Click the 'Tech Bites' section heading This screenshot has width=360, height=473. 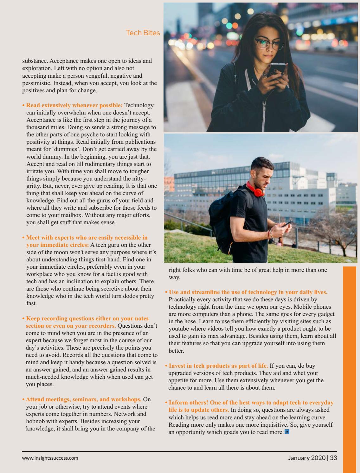pyautogui.click(x=143, y=33)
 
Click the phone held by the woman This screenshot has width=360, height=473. pyautogui.click(x=275, y=73)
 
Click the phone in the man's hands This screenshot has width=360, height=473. pyautogui.click(x=287, y=224)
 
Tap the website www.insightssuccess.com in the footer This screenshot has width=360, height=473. pyautogui.click(x=50, y=458)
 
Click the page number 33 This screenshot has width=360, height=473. pyautogui.click(x=333, y=457)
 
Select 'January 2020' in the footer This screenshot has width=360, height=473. pyautogui.click(x=307, y=457)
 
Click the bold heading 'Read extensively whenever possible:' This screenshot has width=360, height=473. pyautogui.click(x=74, y=105)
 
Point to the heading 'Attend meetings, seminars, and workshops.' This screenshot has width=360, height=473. pyautogui.click(x=84, y=399)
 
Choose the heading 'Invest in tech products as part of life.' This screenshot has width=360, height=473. pyautogui.click(x=218, y=366)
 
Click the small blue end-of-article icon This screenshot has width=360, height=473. pyautogui.click(x=287, y=432)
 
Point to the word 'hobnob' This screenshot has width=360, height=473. pyautogui.click(x=36, y=421)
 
